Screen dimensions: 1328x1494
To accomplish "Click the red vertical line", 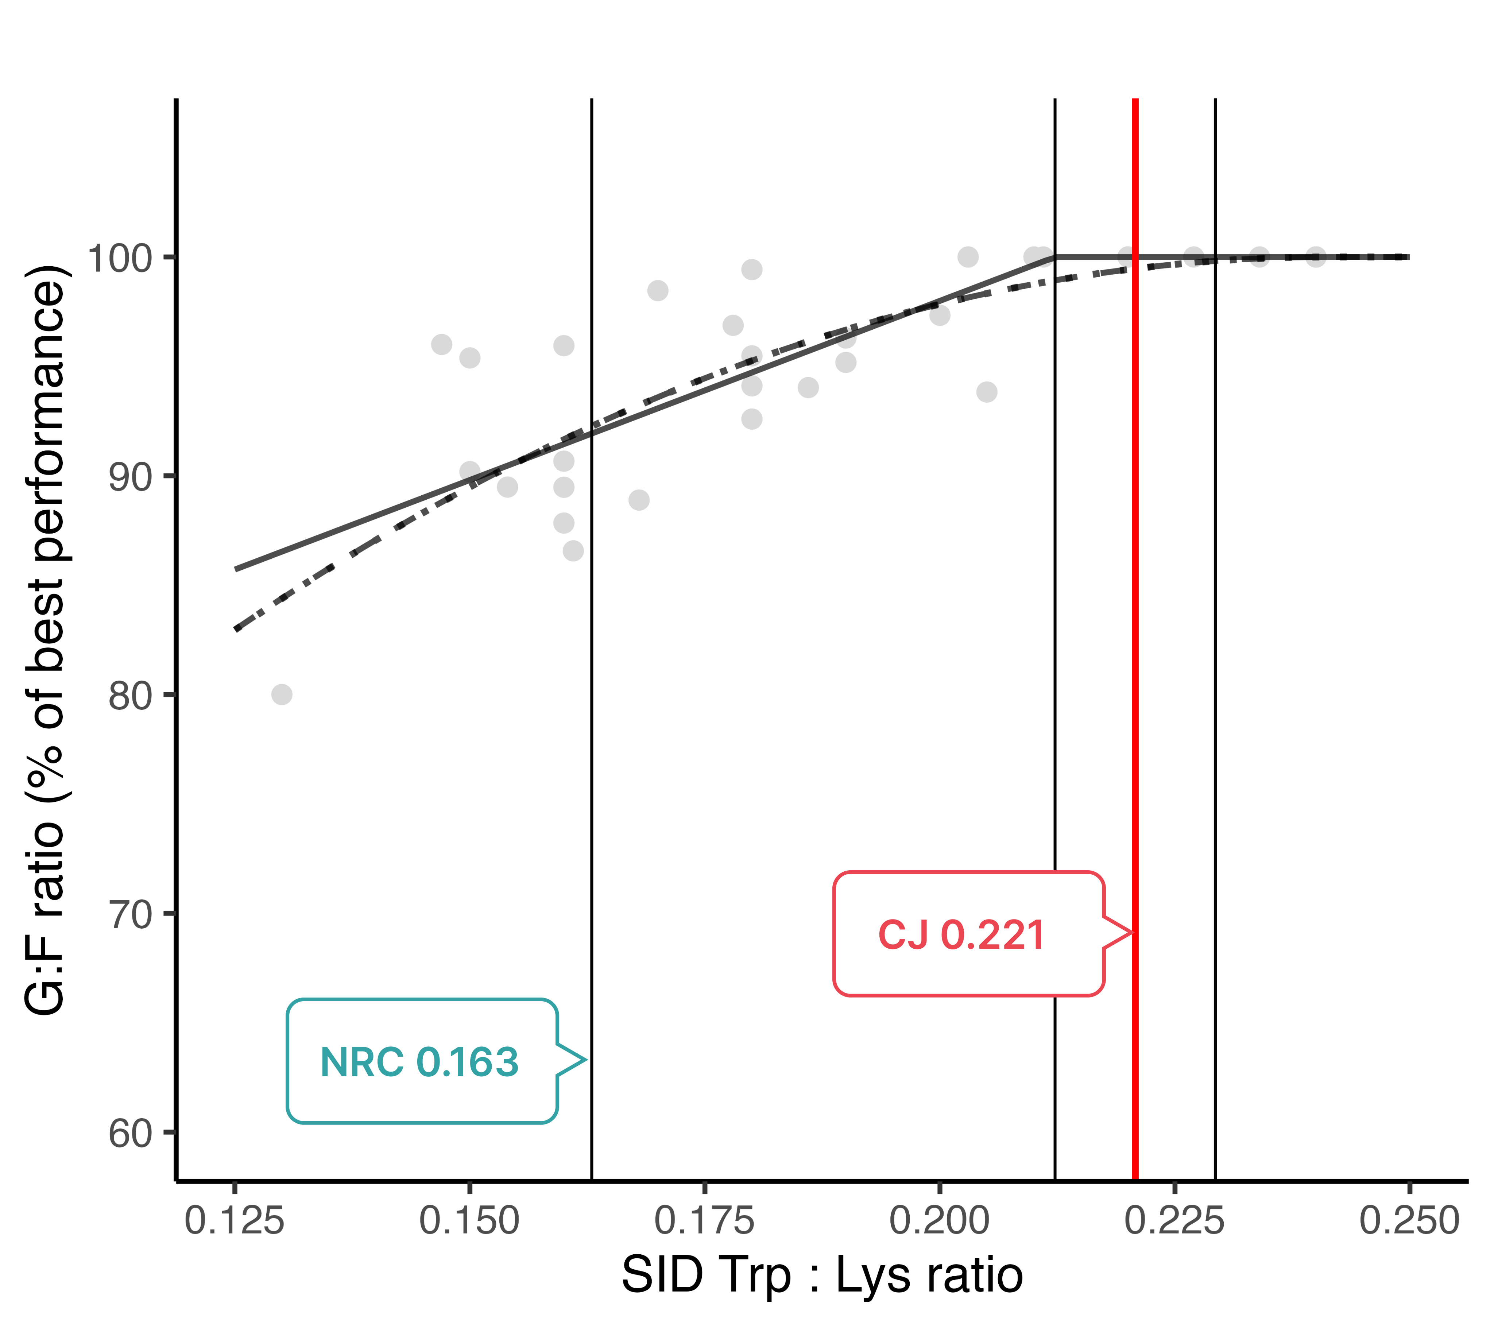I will point(1135,585).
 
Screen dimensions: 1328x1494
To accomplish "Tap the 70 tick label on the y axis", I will point(129,914).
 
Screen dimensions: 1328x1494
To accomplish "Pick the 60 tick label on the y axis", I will point(129,1134).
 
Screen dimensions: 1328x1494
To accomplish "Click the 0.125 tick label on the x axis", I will point(235,1221).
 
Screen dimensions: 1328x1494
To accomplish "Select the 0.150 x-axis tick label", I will point(469,1221).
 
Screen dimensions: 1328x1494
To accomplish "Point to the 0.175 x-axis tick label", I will point(704,1221).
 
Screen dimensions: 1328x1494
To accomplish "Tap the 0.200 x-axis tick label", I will point(939,1221).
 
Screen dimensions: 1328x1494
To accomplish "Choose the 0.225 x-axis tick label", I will point(1174,1221).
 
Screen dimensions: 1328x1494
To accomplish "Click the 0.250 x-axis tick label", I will point(1409,1221).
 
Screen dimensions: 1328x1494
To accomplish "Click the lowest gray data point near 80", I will point(282,694).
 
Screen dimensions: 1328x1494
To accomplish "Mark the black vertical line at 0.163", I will point(591,658).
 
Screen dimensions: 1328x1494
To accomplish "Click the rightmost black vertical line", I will point(1216,658).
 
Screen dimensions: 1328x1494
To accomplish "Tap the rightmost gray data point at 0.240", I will point(1316,256).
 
